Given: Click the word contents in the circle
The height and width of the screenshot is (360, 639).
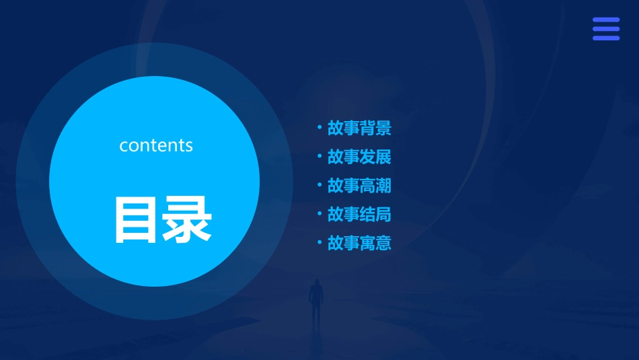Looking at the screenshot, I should (156, 145).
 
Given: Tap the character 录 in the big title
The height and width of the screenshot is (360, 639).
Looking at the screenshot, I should (186, 219).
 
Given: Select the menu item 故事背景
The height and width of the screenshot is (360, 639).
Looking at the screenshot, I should (359, 128).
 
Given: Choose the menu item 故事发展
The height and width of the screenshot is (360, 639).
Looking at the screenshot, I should (359, 157).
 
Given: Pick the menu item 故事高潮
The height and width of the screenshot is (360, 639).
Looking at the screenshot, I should (359, 186).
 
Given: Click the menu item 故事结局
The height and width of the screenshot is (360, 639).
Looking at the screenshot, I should (359, 215).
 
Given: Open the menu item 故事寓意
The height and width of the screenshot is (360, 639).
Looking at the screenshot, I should (359, 243).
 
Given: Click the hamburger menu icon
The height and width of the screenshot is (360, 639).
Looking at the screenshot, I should (606, 29).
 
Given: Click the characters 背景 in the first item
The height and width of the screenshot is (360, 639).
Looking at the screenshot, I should (375, 128).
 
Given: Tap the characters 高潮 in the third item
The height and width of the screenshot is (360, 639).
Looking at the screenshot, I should (375, 186).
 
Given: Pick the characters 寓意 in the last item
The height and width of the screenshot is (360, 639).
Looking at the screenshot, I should (375, 243).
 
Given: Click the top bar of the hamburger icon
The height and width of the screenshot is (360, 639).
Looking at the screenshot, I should (606, 20).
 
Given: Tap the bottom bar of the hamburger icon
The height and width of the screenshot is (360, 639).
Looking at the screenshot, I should (606, 38).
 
